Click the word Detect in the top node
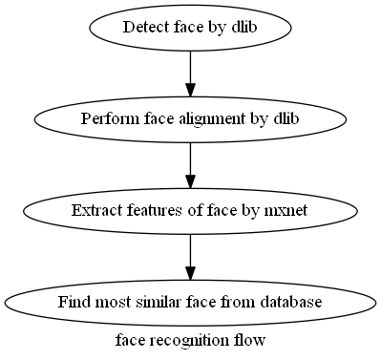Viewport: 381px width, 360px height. click(143, 28)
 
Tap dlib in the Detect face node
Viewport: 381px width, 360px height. click(243, 28)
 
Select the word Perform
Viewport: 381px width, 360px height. click(106, 119)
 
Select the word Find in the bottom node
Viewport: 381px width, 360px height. click(73, 303)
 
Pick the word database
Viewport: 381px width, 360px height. click(292, 303)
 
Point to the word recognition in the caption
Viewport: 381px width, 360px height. click(189, 340)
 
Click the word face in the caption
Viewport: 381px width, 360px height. click(129, 340)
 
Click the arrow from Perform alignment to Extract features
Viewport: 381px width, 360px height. click(191, 160)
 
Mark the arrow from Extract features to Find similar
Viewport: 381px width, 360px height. click(191, 252)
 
